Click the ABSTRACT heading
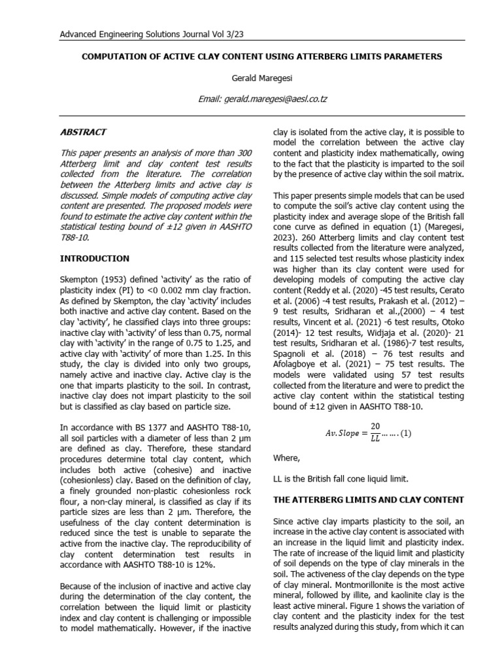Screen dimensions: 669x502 tap(83, 132)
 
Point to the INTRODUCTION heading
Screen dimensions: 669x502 tap(95, 259)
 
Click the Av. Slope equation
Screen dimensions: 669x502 tap(369, 432)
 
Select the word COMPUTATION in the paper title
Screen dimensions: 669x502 tap(114, 57)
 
